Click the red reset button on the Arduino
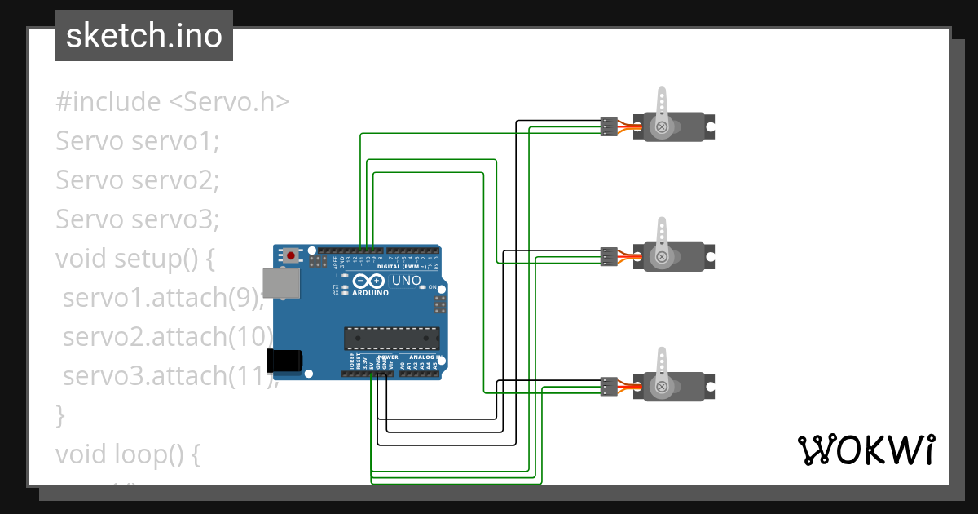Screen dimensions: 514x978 [x=291, y=255]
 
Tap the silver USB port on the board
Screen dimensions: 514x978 [x=281, y=282]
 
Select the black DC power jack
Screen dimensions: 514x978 [x=284, y=361]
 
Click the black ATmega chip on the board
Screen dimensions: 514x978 [x=391, y=338]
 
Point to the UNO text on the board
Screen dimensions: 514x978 [x=407, y=281]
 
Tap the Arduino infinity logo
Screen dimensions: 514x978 [x=370, y=280]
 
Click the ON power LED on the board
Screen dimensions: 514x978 [x=422, y=288]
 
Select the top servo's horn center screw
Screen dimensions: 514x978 [x=663, y=126]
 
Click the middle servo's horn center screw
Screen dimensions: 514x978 [x=663, y=257]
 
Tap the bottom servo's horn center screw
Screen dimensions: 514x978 [x=663, y=387]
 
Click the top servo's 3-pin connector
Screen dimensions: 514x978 [x=608, y=126]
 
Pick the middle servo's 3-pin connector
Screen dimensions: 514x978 [x=608, y=257]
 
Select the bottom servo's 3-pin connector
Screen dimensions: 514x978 [x=608, y=387]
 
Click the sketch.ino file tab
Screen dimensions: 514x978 [x=144, y=36]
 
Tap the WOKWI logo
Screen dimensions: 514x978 [x=865, y=450]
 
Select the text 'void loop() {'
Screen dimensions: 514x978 [x=127, y=454]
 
